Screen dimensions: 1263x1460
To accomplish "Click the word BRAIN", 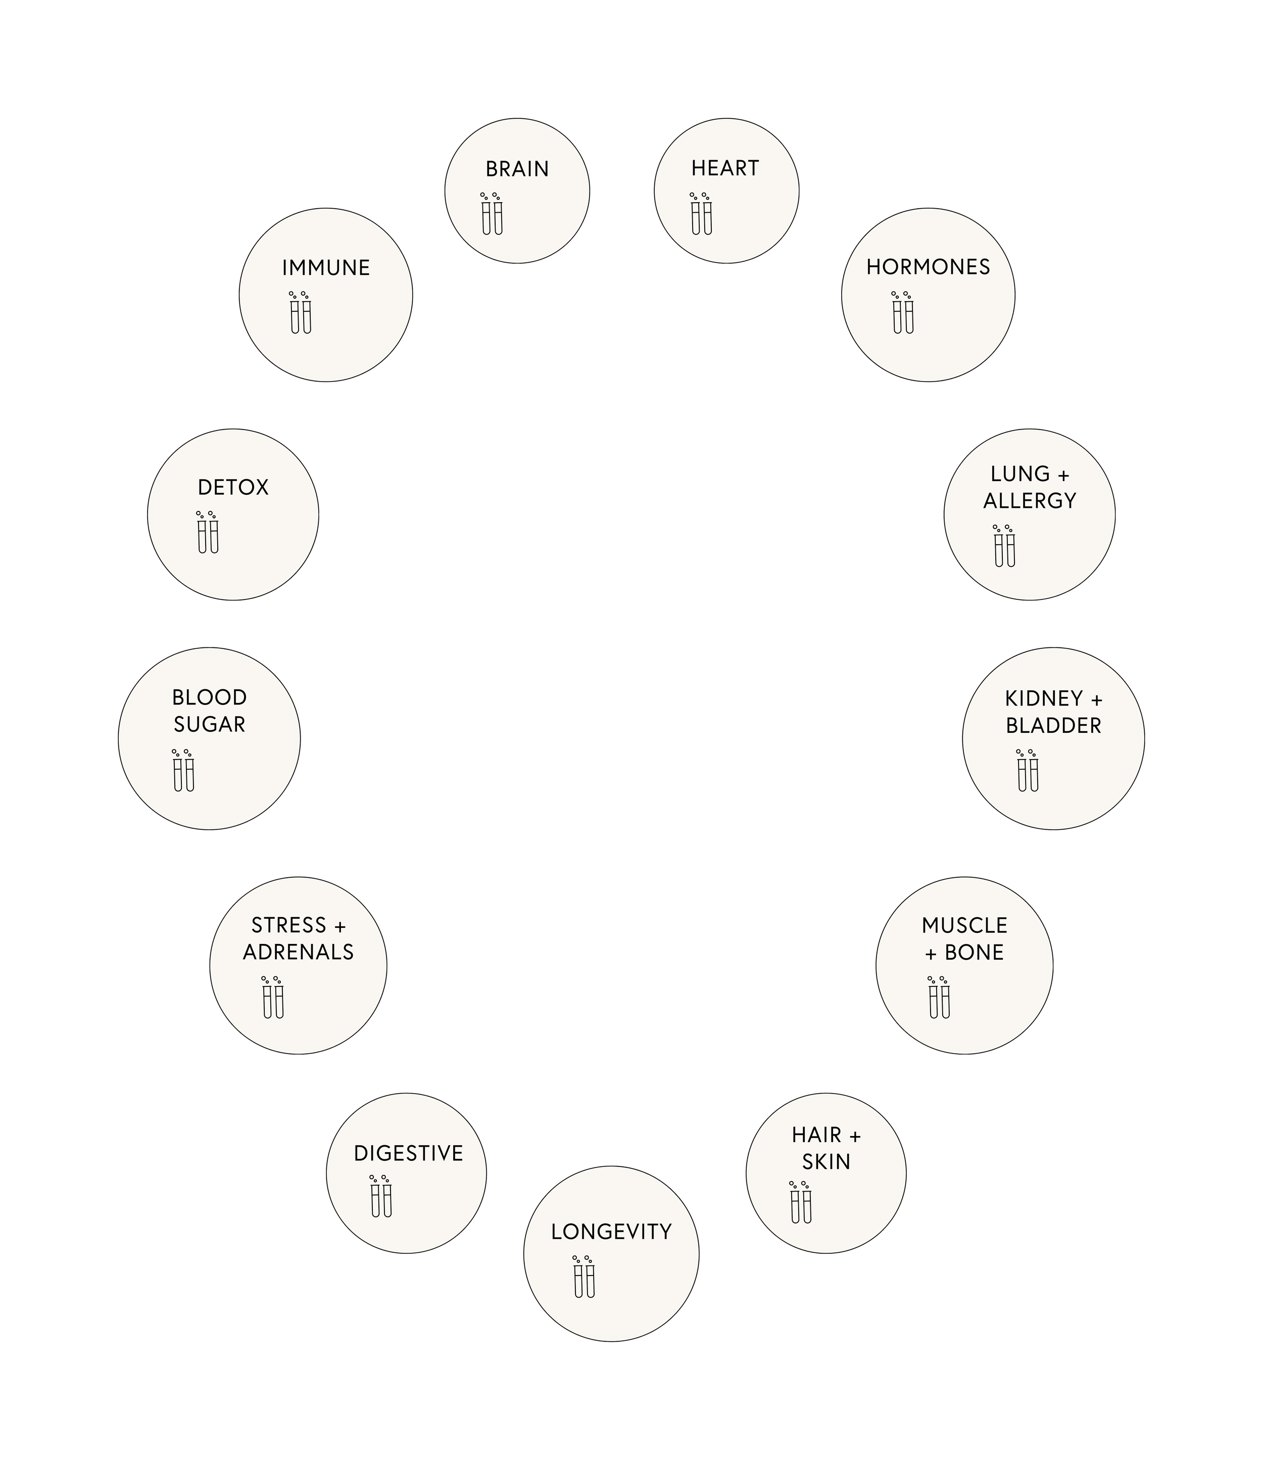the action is pyautogui.click(x=517, y=169).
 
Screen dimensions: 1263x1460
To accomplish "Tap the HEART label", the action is pyautogui.click(x=724, y=168).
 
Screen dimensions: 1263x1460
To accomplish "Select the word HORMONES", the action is pyautogui.click(x=928, y=267).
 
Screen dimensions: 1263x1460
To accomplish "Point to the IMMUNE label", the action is pyautogui.click(x=326, y=268).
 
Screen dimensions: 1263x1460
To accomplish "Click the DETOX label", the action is pyautogui.click(x=232, y=487).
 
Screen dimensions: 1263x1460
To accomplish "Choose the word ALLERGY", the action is pyautogui.click(x=1030, y=500).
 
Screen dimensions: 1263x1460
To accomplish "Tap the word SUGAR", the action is pyautogui.click(x=209, y=724).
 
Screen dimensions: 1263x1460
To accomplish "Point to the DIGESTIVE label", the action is pyautogui.click(x=408, y=1153).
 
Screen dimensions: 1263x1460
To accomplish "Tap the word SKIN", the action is pyautogui.click(x=826, y=1162).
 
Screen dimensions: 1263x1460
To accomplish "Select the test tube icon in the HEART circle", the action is pyautogui.click(x=701, y=214).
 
